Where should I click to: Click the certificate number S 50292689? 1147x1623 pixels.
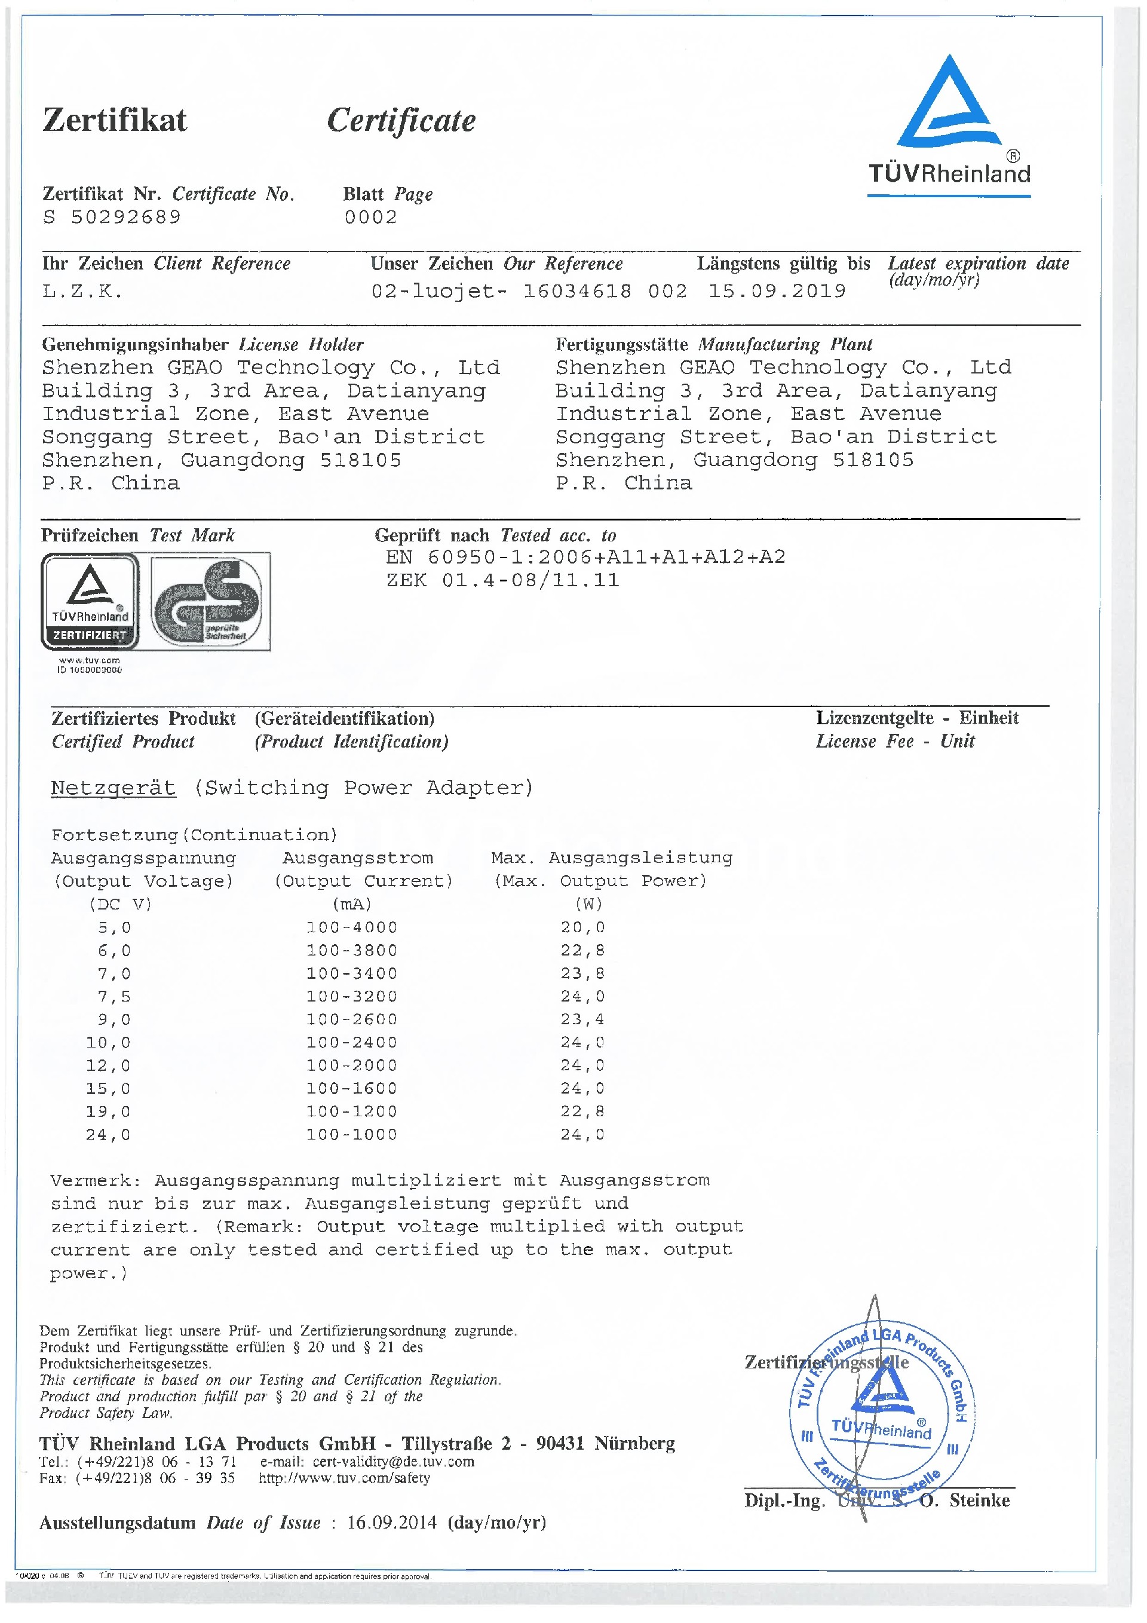point(112,217)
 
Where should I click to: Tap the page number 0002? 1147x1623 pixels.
point(370,217)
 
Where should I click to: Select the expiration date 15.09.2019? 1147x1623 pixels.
point(777,291)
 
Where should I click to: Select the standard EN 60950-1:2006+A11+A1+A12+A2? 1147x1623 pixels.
point(585,557)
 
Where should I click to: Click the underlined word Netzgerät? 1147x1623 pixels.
point(113,788)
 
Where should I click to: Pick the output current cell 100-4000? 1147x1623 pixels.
point(352,927)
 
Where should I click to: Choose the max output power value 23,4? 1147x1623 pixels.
point(582,1019)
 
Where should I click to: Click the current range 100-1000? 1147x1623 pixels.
point(352,1135)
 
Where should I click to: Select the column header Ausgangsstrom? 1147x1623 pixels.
point(358,858)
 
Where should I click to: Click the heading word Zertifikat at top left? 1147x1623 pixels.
point(115,120)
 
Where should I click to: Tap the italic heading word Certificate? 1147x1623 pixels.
point(401,121)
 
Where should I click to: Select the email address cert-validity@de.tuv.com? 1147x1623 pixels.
point(394,1461)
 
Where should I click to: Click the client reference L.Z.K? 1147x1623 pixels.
point(82,291)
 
